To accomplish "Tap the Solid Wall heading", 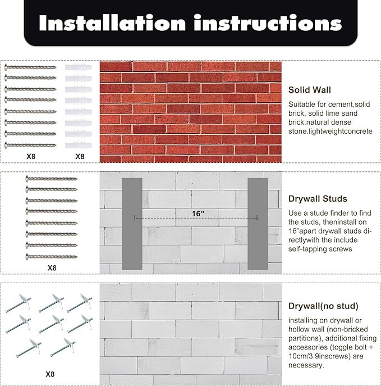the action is pyautogui.click(x=310, y=90).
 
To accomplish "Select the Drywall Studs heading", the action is pyautogui.click(x=318, y=199).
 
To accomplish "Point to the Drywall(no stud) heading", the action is pyautogui.click(x=323, y=306).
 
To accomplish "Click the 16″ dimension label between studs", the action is pyautogui.click(x=199, y=214).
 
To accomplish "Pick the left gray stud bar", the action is pyautogui.click(x=132, y=224).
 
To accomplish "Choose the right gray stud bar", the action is pyautogui.click(x=258, y=224).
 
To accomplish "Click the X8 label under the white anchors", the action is pyautogui.click(x=80, y=157).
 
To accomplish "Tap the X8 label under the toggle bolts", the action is pyautogui.click(x=50, y=374).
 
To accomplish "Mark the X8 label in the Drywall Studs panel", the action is pyautogui.click(x=52, y=268).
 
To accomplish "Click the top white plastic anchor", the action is pyautogui.click(x=79, y=67).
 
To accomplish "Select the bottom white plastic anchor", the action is pyautogui.click(x=79, y=145).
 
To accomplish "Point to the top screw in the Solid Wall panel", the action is pyautogui.click(x=30, y=67).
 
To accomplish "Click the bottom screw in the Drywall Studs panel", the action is pyautogui.click(x=52, y=257).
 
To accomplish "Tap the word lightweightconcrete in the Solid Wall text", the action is pyautogui.click(x=337, y=131).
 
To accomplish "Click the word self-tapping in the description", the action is pyautogui.click(x=305, y=249).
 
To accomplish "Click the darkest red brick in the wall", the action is pyautogui.click(x=149, y=129).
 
